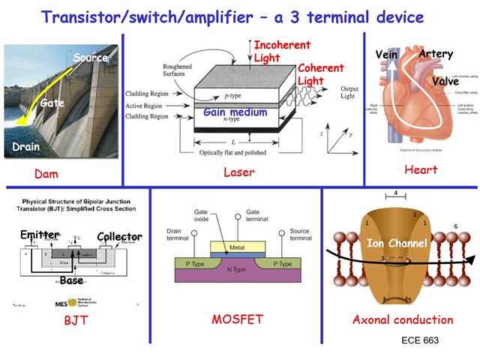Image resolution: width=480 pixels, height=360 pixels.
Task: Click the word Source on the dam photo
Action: click(91, 58)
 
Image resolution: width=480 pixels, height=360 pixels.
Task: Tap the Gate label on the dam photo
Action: click(52, 103)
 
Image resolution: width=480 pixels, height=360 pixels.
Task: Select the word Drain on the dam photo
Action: click(25, 148)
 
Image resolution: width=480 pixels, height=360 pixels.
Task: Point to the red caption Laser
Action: click(239, 172)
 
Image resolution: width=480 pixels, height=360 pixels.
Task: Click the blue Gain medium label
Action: click(235, 112)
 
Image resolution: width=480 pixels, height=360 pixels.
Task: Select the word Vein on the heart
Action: click(385, 54)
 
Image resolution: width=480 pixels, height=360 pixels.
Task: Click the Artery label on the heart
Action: click(436, 54)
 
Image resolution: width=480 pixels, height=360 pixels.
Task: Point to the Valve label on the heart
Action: click(445, 81)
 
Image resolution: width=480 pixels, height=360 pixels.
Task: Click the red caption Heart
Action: click(421, 170)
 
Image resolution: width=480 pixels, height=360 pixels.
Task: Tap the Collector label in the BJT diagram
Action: click(119, 236)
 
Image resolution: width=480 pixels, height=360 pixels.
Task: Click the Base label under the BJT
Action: click(73, 280)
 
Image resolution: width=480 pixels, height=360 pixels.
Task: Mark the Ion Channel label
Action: click(396, 243)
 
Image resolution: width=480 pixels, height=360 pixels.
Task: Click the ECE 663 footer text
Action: click(419, 340)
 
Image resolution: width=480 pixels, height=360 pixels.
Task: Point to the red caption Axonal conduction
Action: click(403, 319)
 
